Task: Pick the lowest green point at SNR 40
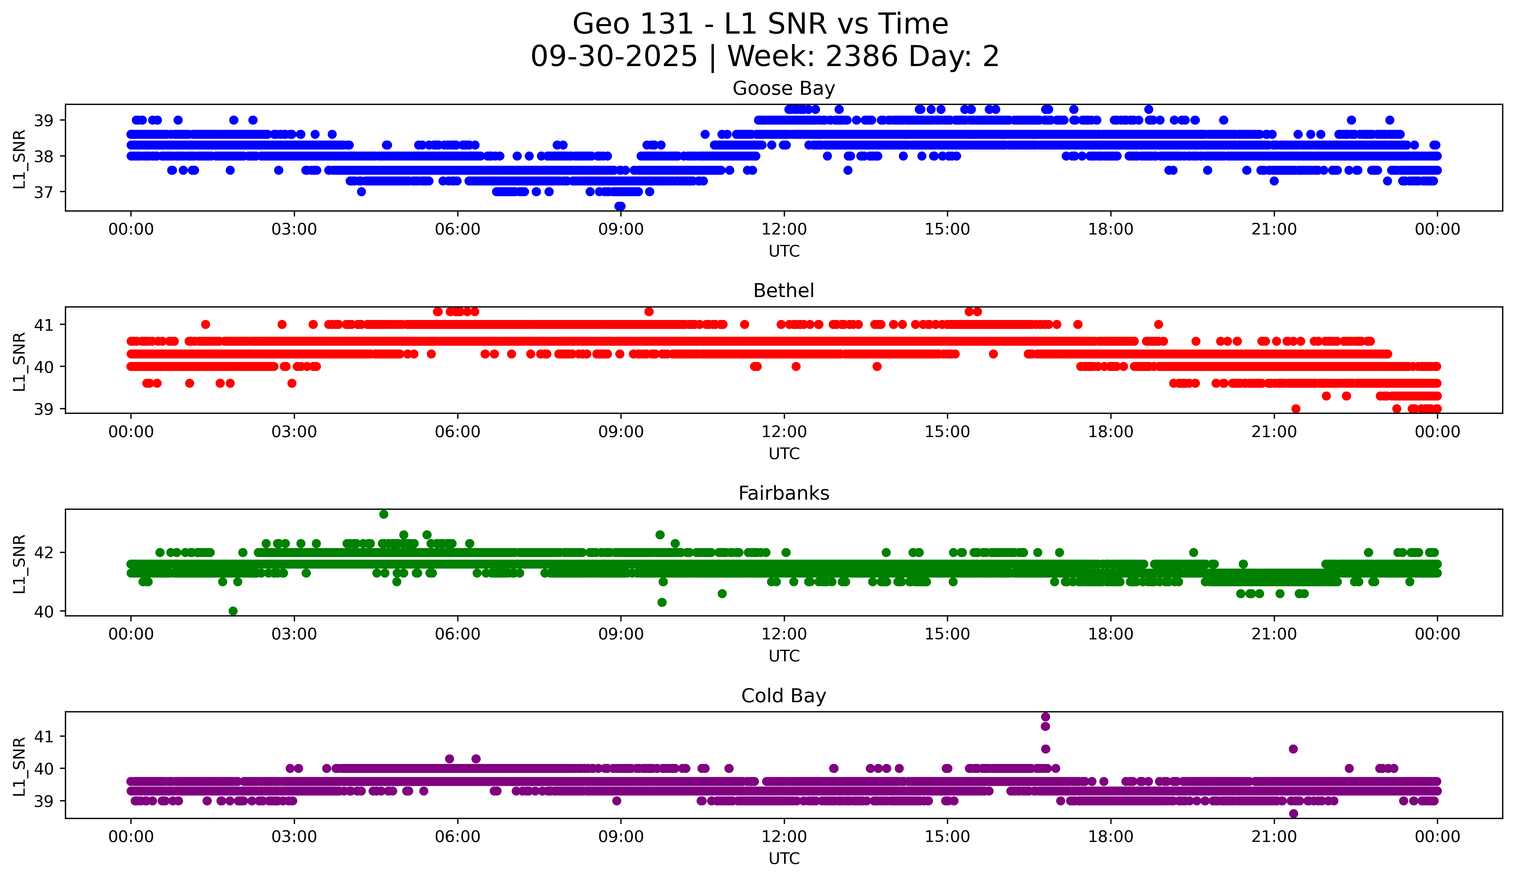233,611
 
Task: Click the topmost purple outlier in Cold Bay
1045,717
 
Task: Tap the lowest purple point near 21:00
1293,814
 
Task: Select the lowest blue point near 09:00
620,206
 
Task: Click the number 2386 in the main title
862,57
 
